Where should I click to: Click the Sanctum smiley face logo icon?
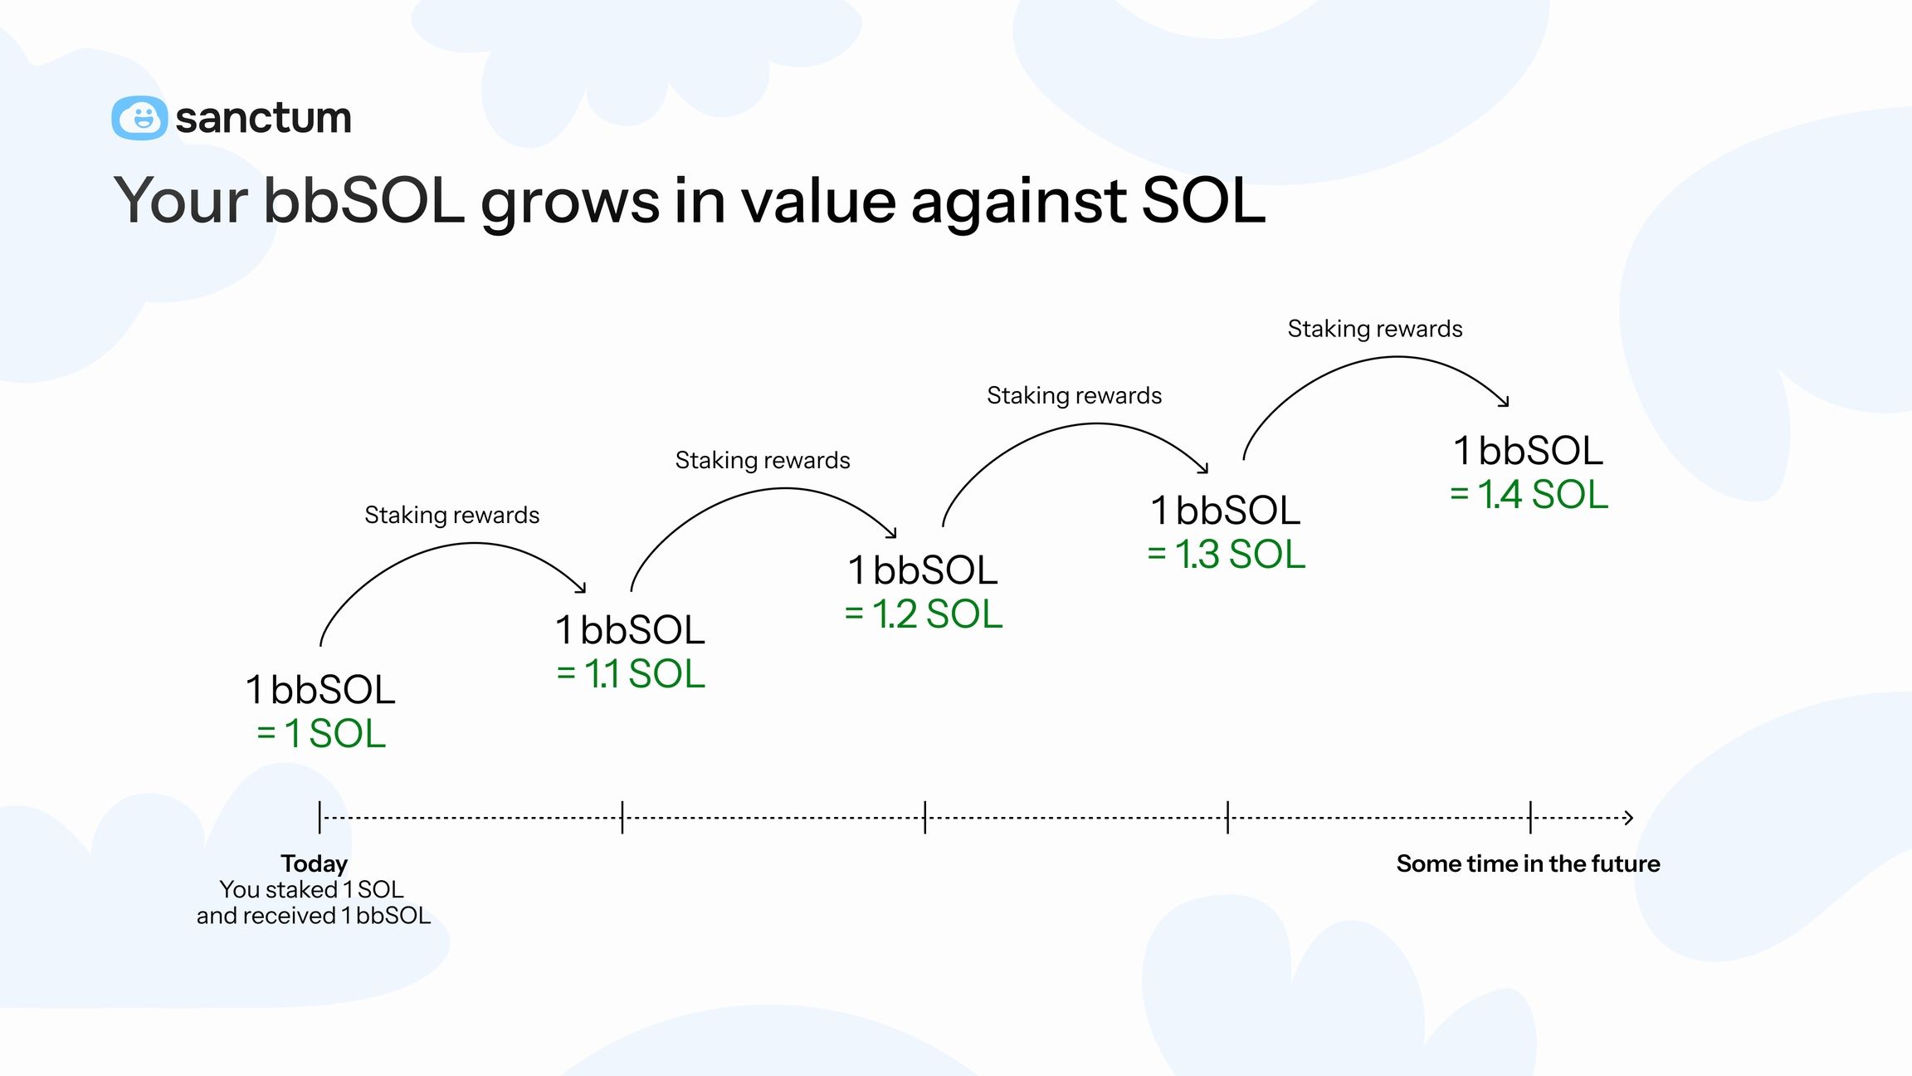click(x=139, y=118)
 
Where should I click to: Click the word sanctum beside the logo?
click(x=263, y=118)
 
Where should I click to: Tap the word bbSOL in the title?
click(x=363, y=200)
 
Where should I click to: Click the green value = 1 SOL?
click(x=321, y=734)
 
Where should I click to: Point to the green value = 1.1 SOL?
click(x=631, y=673)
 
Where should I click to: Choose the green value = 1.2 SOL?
click(x=924, y=614)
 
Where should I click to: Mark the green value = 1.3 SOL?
click(x=1227, y=555)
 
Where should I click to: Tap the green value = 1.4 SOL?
click(x=1529, y=495)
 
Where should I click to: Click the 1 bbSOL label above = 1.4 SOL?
click(x=1529, y=451)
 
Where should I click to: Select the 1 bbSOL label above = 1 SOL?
click(x=321, y=690)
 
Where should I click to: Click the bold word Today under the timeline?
click(x=314, y=863)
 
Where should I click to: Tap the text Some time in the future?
click(x=1528, y=863)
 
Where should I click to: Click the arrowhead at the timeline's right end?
click(x=1629, y=818)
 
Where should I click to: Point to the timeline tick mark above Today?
click(x=319, y=818)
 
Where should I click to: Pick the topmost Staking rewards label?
click(x=1374, y=329)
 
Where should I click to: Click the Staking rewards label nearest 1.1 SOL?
click(x=451, y=515)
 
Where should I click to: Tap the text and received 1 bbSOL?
click(x=314, y=916)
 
